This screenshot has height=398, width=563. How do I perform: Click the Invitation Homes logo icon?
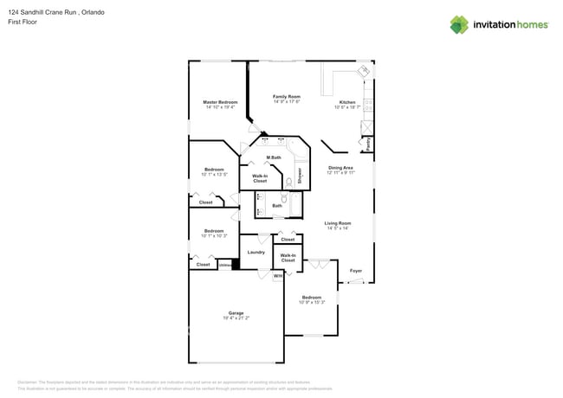[459, 24]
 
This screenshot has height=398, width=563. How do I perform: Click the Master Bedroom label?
[220, 102]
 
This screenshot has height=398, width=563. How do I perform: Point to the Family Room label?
[286, 97]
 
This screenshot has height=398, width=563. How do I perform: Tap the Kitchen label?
[347, 102]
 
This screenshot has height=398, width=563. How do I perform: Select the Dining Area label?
[340, 168]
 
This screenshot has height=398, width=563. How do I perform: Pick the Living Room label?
[337, 223]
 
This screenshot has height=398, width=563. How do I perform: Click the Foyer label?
[355, 271]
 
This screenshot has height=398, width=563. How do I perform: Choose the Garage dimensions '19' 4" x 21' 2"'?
[236, 318]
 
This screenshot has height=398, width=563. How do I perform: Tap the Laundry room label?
[256, 253]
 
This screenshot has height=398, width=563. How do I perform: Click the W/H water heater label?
[278, 276]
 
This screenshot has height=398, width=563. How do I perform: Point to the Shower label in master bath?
[300, 176]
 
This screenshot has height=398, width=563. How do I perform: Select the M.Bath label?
[273, 157]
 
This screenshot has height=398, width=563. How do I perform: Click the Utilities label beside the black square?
[223, 265]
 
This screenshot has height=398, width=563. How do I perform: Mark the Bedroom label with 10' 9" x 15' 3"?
[311, 298]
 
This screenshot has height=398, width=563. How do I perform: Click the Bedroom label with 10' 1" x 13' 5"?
[214, 170]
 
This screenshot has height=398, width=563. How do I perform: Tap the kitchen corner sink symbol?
[366, 69]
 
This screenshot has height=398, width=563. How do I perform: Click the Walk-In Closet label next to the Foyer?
[288, 258]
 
